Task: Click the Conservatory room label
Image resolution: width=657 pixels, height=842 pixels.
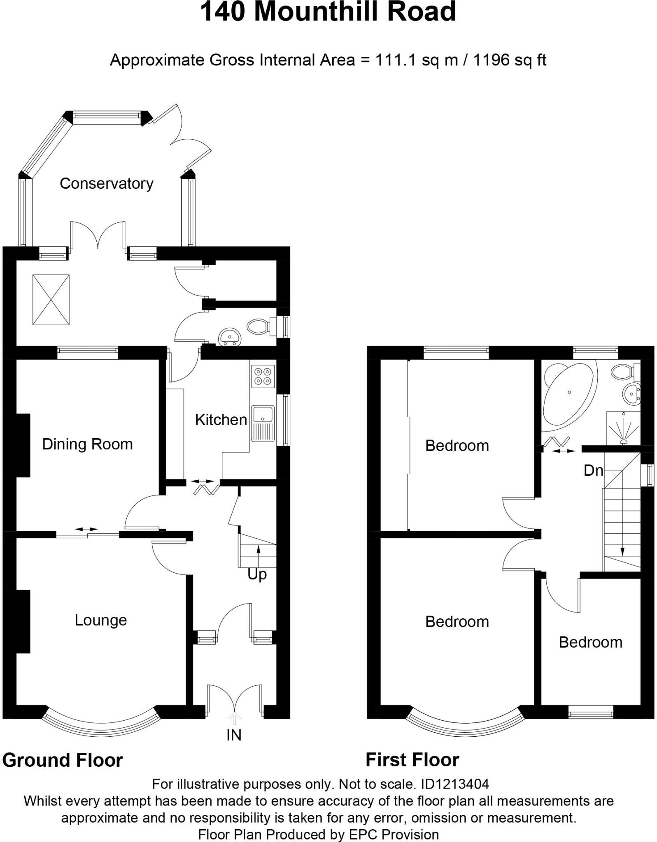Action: click(x=106, y=183)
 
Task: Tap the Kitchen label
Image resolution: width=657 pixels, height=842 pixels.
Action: click(x=221, y=420)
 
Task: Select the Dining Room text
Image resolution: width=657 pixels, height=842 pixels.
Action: click(x=87, y=444)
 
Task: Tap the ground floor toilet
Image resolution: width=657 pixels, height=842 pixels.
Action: click(x=259, y=327)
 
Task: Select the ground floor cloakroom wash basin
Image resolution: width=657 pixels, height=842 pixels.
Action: click(x=230, y=337)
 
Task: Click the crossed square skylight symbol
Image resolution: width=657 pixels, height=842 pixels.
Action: click(x=51, y=300)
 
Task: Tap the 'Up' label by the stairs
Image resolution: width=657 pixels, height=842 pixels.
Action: click(x=257, y=574)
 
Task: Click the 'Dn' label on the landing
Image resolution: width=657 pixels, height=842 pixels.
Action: click(x=593, y=470)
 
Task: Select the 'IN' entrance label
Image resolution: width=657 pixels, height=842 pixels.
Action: click(x=234, y=736)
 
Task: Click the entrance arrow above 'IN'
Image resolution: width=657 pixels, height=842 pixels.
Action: click(x=235, y=718)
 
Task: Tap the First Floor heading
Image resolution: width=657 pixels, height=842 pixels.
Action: click(x=412, y=760)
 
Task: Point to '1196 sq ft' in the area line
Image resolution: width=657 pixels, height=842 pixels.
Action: click(x=510, y=60)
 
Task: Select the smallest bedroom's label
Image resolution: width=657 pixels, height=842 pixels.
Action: click(x=590, y=642)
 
